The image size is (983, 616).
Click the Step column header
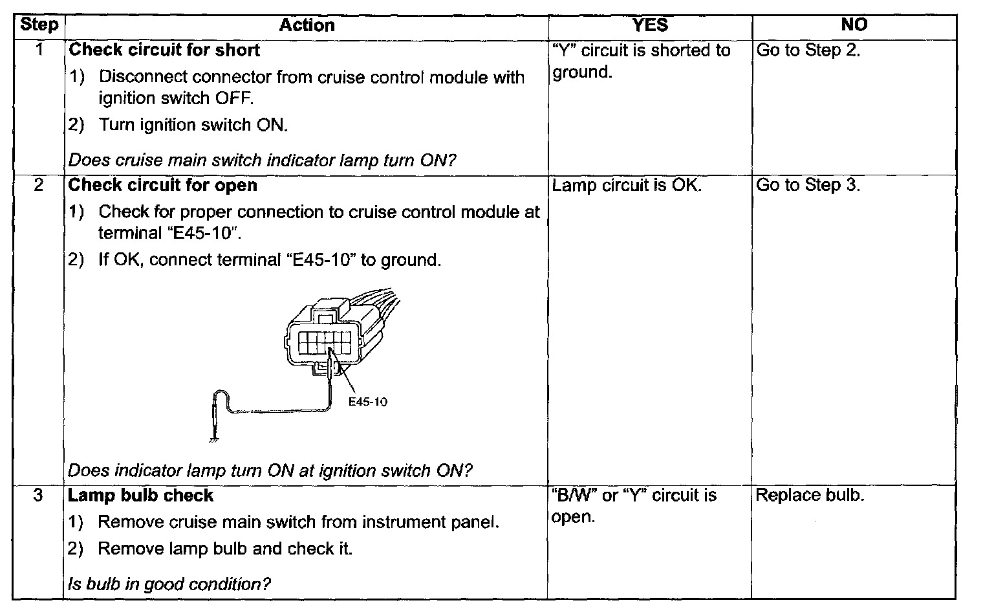39,25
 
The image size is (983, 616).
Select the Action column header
307,25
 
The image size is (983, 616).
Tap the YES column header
649,25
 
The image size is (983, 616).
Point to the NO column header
854,25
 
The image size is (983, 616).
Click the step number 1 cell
39,50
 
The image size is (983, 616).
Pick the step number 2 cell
39,185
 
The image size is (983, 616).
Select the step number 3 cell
39,496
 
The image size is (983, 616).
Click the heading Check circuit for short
164,50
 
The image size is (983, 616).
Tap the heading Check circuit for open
163,185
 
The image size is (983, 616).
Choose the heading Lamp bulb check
141,496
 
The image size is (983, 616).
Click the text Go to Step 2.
808,50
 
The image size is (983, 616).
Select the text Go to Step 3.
808,185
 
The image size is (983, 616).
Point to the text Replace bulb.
810,496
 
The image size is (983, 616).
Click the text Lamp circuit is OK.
627,185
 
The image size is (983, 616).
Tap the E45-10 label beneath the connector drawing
367,402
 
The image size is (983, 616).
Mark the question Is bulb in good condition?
169,584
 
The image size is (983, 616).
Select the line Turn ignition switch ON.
193,125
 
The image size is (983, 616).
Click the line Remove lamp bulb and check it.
225,549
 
